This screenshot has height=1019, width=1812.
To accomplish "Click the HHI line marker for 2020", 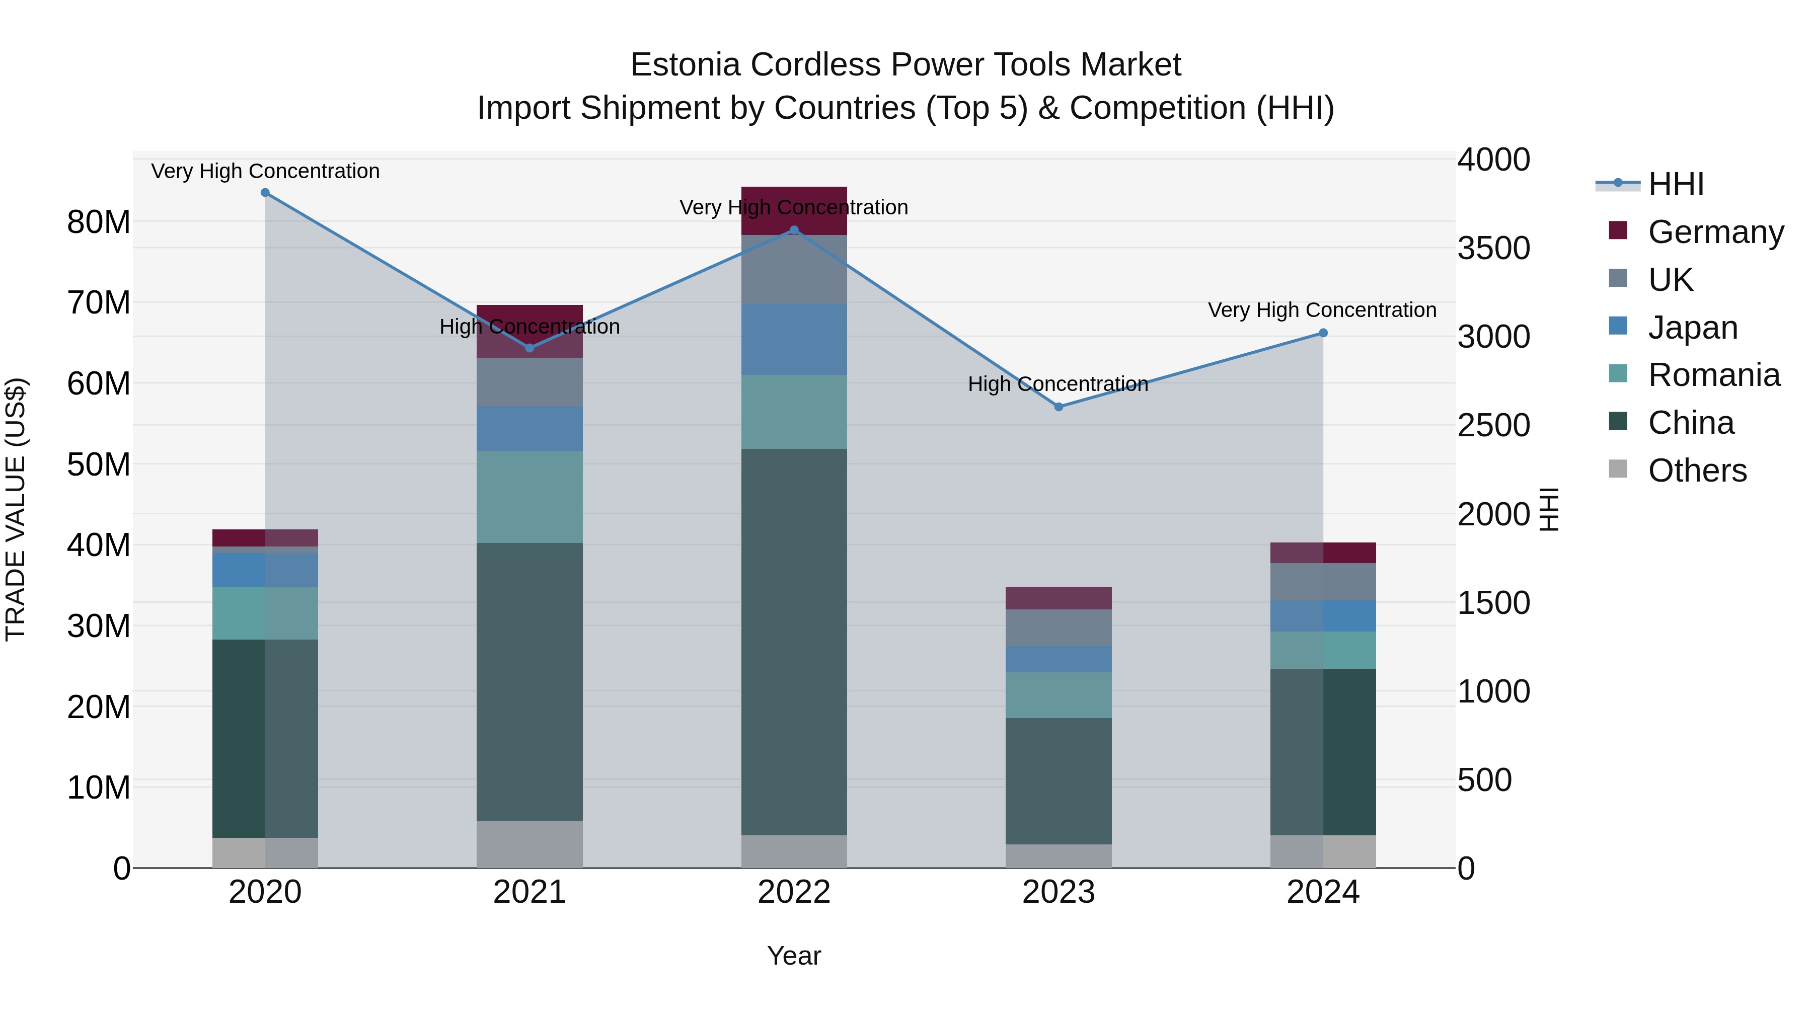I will pyautogui.click(x=265, y=193).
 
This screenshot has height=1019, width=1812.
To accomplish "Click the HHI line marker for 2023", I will pyautogui.click(x=1059, y=407).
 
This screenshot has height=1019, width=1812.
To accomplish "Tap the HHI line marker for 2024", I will pyautogui.click(x=1323, y=333).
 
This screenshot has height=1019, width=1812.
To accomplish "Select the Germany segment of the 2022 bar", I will pyautogui.click(x=794, y=211).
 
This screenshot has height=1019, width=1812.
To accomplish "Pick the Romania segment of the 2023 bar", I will pyautogui.click(x=1059, y=695).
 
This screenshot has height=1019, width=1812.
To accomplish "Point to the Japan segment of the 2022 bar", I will pyautogui.click(x=794, y=339).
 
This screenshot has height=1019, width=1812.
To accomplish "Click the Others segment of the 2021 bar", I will pyautogui.click(x=530, y=843).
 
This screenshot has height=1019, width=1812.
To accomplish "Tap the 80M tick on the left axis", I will pyautogui.click(x=99, y=222).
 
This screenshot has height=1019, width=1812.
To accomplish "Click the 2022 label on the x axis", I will pyautogui.click(x=794, y=892).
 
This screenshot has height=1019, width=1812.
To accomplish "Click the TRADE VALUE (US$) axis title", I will pyautogui.click(x=16, y=509).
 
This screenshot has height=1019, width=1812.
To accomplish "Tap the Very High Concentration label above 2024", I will pyautogui.click(x=1322, y=310).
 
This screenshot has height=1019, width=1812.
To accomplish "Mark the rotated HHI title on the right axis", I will pyautogui.click(x=1550, y=509).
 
